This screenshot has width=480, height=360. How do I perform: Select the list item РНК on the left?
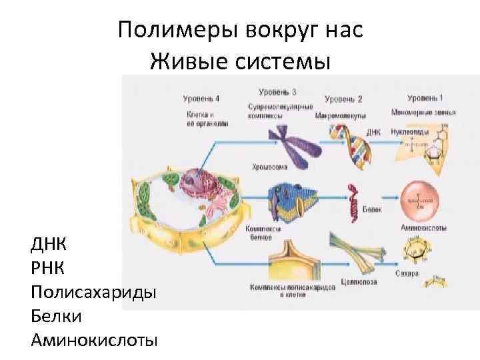point(48,267)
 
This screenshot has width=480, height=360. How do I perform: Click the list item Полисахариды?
point(93,292)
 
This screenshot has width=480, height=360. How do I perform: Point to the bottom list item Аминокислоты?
point(93,340)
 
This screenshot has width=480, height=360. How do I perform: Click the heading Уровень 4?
point(201,99)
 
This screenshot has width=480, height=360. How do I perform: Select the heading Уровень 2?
point(343,99)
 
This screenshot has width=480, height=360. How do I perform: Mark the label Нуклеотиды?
point(407,132)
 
